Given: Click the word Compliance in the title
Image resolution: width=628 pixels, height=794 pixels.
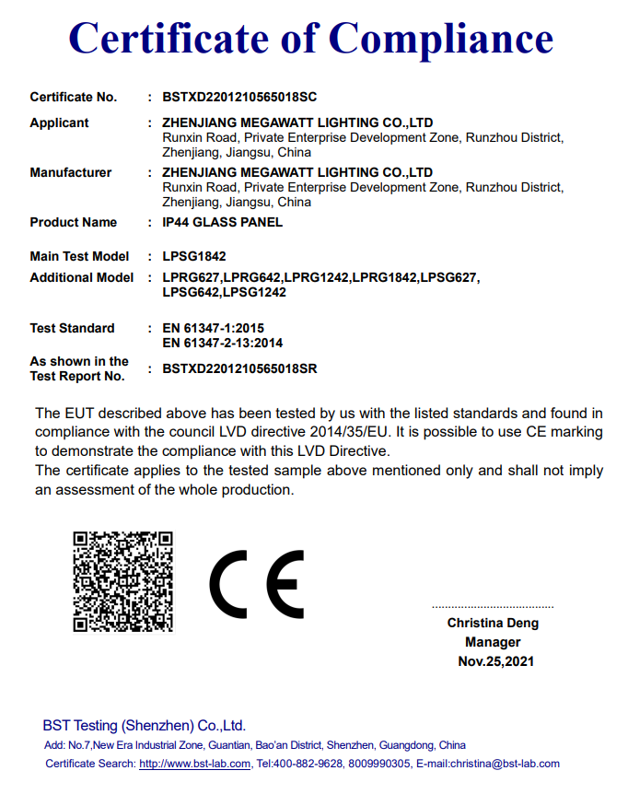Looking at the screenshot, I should click(x=440, y=40).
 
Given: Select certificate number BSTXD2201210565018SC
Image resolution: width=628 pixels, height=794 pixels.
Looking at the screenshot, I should click(x=239, y=97).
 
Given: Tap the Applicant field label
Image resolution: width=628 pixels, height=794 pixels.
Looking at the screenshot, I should click(x=59, y=123).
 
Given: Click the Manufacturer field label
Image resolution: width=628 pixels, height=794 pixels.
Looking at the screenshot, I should click(x=70, y=172).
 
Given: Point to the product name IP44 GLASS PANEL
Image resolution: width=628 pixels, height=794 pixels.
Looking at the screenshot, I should click(x=222, y=222).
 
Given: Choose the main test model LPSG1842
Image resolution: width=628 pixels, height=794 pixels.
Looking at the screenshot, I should click(x=193, y=256).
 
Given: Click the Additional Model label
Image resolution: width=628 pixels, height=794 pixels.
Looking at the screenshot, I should click(x=81, y=277).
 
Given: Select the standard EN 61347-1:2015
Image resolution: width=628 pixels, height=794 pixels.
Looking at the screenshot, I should click(x=213, y=328).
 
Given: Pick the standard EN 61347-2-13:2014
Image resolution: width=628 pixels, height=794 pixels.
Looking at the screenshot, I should click(x=222, y=343).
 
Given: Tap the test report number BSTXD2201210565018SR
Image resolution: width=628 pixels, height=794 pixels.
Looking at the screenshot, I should click(x=239, y=368).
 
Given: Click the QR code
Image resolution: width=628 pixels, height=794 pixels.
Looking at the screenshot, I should click(x=123, y=581).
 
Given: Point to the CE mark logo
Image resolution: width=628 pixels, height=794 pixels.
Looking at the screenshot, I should click(x=256, y=584).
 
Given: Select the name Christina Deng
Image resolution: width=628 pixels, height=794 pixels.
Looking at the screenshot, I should click(x=493, y=623).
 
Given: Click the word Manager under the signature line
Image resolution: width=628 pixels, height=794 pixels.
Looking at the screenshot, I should click(x=493, y=642).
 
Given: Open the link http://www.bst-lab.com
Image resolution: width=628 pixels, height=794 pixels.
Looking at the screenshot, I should click(x=194, y=764).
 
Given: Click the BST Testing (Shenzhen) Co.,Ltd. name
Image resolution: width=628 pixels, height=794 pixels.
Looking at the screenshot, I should click(x=144, y=725).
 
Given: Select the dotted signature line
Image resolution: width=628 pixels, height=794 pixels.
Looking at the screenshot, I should click(x=493, y=607).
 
